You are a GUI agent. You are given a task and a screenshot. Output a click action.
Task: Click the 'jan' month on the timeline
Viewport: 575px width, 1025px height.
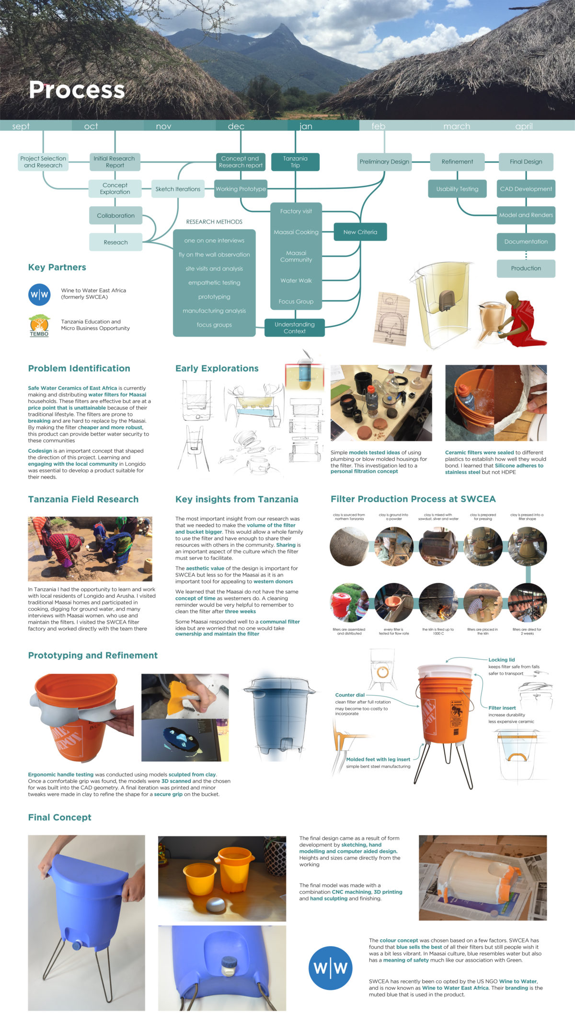[306, 126]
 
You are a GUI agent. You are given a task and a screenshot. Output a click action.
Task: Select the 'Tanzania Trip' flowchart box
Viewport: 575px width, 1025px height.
[295, 162]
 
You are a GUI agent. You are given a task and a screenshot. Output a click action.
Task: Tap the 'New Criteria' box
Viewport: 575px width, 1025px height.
[360, 232]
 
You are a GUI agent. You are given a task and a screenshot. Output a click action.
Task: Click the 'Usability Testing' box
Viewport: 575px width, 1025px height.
[457, 189]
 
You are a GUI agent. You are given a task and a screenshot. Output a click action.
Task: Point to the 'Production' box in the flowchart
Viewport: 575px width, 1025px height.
[526, 269]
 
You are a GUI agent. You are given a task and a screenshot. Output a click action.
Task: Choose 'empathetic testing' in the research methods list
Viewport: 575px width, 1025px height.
[214, 283]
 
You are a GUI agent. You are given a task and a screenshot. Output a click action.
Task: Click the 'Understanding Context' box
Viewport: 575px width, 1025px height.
[294, 328]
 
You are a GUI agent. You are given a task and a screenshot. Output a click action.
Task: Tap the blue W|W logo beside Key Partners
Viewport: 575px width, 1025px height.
[39, 294]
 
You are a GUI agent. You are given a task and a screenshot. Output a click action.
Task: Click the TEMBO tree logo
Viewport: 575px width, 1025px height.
[39, 325]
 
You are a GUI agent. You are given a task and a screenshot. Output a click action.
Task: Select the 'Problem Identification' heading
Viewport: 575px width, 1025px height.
[79, 368]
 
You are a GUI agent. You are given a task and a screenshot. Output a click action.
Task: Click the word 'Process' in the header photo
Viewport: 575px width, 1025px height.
[77, 90]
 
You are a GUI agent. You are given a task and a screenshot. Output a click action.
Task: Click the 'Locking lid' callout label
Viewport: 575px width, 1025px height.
[501, 660]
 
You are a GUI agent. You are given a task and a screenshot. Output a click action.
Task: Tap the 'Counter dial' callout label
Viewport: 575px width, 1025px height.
[350, 695]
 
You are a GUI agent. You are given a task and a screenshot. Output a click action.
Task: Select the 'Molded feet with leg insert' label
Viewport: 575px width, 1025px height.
[378, 759]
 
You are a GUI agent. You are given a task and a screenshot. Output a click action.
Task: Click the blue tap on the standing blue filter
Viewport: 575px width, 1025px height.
[77, 946]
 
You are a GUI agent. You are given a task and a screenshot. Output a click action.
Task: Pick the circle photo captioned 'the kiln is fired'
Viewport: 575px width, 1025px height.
[438, 603]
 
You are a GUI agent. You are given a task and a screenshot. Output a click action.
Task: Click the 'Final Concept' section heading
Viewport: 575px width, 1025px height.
[59, 817]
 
